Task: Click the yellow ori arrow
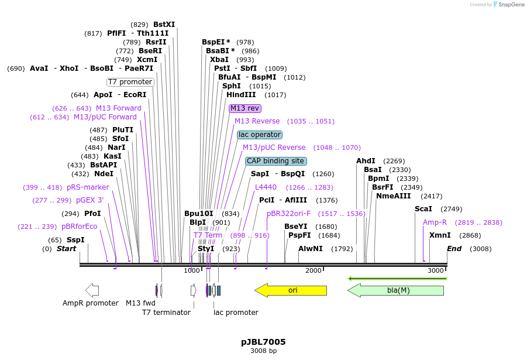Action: (x=291, y=290)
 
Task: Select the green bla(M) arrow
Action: (x=396, y=290)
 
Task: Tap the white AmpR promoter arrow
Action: (x=92, y=290)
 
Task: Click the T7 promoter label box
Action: (x=130, y=82)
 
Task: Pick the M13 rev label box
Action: (x=245, y=108)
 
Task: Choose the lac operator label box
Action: (x=260, y=135)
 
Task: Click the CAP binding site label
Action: (x=275, y=161)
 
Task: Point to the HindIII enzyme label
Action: (x=241, y=95)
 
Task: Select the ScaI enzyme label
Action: (x=423, y=209)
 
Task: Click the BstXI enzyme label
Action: (x=164, y=25)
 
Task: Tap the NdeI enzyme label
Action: (x=104, y=174)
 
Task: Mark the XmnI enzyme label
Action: (x=440, y=235)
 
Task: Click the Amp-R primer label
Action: (x=435, y=222)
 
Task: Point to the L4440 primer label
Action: (x=266, y=187)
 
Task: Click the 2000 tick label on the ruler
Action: (x=314, y=270)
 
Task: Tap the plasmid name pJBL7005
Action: (x=263, y=342)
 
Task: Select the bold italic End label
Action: (x=454, y=249)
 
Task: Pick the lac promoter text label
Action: (x=236, y=313)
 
